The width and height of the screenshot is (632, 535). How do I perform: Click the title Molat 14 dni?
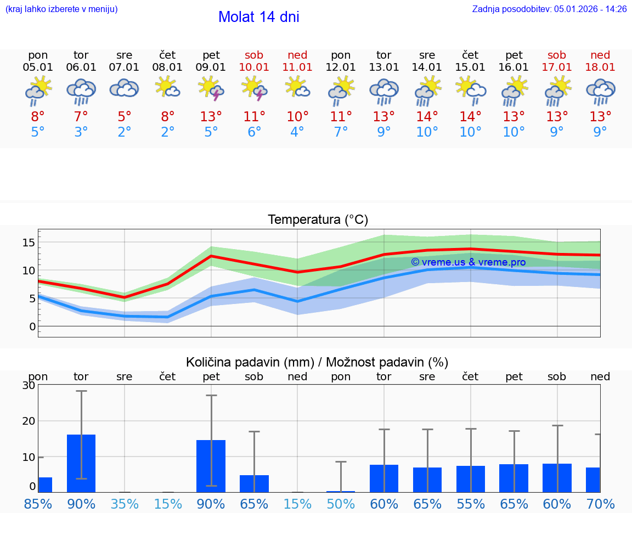coord(258,17)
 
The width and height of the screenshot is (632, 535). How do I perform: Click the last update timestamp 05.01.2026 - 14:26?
coord(590,9)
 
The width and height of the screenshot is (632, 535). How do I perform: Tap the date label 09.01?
coord(211,67)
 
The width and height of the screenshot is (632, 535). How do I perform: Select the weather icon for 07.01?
coord(125,88)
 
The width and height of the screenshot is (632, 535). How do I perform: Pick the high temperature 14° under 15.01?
coord(470,117)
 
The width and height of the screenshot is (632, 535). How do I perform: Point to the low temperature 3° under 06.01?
coord(81,132)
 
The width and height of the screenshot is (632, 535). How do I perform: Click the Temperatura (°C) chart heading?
coord(318,220)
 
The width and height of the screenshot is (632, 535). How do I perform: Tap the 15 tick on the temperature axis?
coord(29,243)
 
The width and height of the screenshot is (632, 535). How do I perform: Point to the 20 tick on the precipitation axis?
coord(29,421)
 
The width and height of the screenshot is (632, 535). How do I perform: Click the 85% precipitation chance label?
coord(38,504)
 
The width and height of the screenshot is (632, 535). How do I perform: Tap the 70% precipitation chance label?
coord(600,504)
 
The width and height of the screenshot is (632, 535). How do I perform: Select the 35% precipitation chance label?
coord(125,504)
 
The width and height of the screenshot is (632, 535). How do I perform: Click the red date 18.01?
coord(600,67)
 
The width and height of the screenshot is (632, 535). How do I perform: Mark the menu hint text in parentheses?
coord(61,9)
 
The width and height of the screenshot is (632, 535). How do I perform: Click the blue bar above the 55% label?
coord(471,479)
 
